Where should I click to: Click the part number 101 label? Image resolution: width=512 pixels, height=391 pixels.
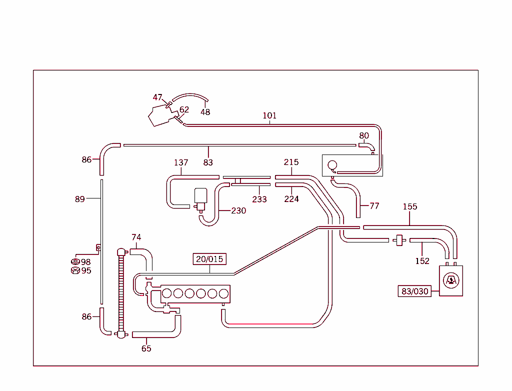coord(269,115)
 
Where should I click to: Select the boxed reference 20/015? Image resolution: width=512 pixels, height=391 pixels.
coord(209,259)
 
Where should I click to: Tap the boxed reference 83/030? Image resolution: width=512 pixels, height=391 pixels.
coord(414,291)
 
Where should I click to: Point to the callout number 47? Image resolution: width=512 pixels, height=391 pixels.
coord(158,97)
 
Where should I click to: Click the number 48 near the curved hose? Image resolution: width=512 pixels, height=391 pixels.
coord(205,112)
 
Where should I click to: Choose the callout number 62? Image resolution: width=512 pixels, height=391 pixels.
coord(184,109)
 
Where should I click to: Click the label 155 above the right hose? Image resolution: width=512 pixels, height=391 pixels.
coord(410,206)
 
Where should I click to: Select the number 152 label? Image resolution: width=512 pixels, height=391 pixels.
coord(422,260)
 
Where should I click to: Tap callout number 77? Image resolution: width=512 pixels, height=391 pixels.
coord(374,205)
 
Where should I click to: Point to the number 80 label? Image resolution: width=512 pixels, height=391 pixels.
coord(364,135)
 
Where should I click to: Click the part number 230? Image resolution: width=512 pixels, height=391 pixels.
coord(238,210)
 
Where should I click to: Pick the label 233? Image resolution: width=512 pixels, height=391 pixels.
coord(259,199)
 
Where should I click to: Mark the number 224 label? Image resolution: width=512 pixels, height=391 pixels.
coord(291,199)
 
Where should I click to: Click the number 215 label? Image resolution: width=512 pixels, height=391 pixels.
coord(291,162)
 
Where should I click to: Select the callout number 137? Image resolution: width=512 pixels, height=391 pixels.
coord(181,162)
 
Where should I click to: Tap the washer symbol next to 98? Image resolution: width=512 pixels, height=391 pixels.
coord(75,262)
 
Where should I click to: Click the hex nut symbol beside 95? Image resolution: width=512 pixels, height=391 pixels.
coord(75,270)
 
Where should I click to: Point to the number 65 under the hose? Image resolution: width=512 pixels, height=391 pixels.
coord(146,348)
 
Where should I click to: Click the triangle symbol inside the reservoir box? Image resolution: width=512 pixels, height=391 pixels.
coord(451,280)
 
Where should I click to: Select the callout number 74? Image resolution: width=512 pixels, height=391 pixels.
coord(136,237)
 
